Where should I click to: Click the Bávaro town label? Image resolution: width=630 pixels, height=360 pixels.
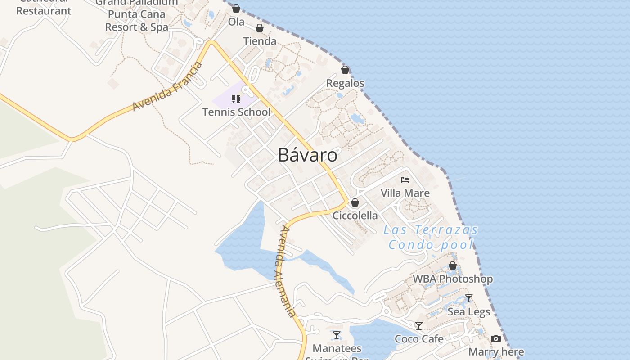coord(307,155)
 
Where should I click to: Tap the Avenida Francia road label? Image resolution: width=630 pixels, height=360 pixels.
coord(167,87)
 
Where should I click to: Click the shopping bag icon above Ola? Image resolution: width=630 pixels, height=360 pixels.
coord(236,9)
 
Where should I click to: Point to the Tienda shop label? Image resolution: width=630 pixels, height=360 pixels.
coord(260,41)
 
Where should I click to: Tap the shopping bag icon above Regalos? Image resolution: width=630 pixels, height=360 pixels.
coord(345,70)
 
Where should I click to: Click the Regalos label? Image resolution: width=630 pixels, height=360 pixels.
coord(345,83)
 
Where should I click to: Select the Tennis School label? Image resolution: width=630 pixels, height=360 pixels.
coord(236,112)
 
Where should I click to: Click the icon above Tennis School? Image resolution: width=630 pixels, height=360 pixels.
coord(236,99)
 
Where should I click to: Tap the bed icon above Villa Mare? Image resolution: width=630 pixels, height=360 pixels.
coord(405,180)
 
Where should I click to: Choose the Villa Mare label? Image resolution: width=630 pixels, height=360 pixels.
coord(405,193)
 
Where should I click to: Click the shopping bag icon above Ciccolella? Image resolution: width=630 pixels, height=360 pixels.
coord(355,202)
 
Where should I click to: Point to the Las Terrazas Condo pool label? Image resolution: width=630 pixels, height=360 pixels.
coord(431,237)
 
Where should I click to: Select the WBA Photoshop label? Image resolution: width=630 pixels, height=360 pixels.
coord(453,279)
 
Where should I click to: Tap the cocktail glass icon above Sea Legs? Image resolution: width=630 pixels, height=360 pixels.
coord(468,298)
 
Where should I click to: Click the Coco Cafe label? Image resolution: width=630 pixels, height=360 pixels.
coord(419,339)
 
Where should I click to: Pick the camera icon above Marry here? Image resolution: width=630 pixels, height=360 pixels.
coord(496,338)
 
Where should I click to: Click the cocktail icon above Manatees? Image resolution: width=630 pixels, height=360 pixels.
coord(337,335)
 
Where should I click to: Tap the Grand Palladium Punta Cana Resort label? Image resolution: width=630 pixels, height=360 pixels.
coord(137,14)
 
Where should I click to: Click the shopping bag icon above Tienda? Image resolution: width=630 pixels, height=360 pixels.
coord(260,28)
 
